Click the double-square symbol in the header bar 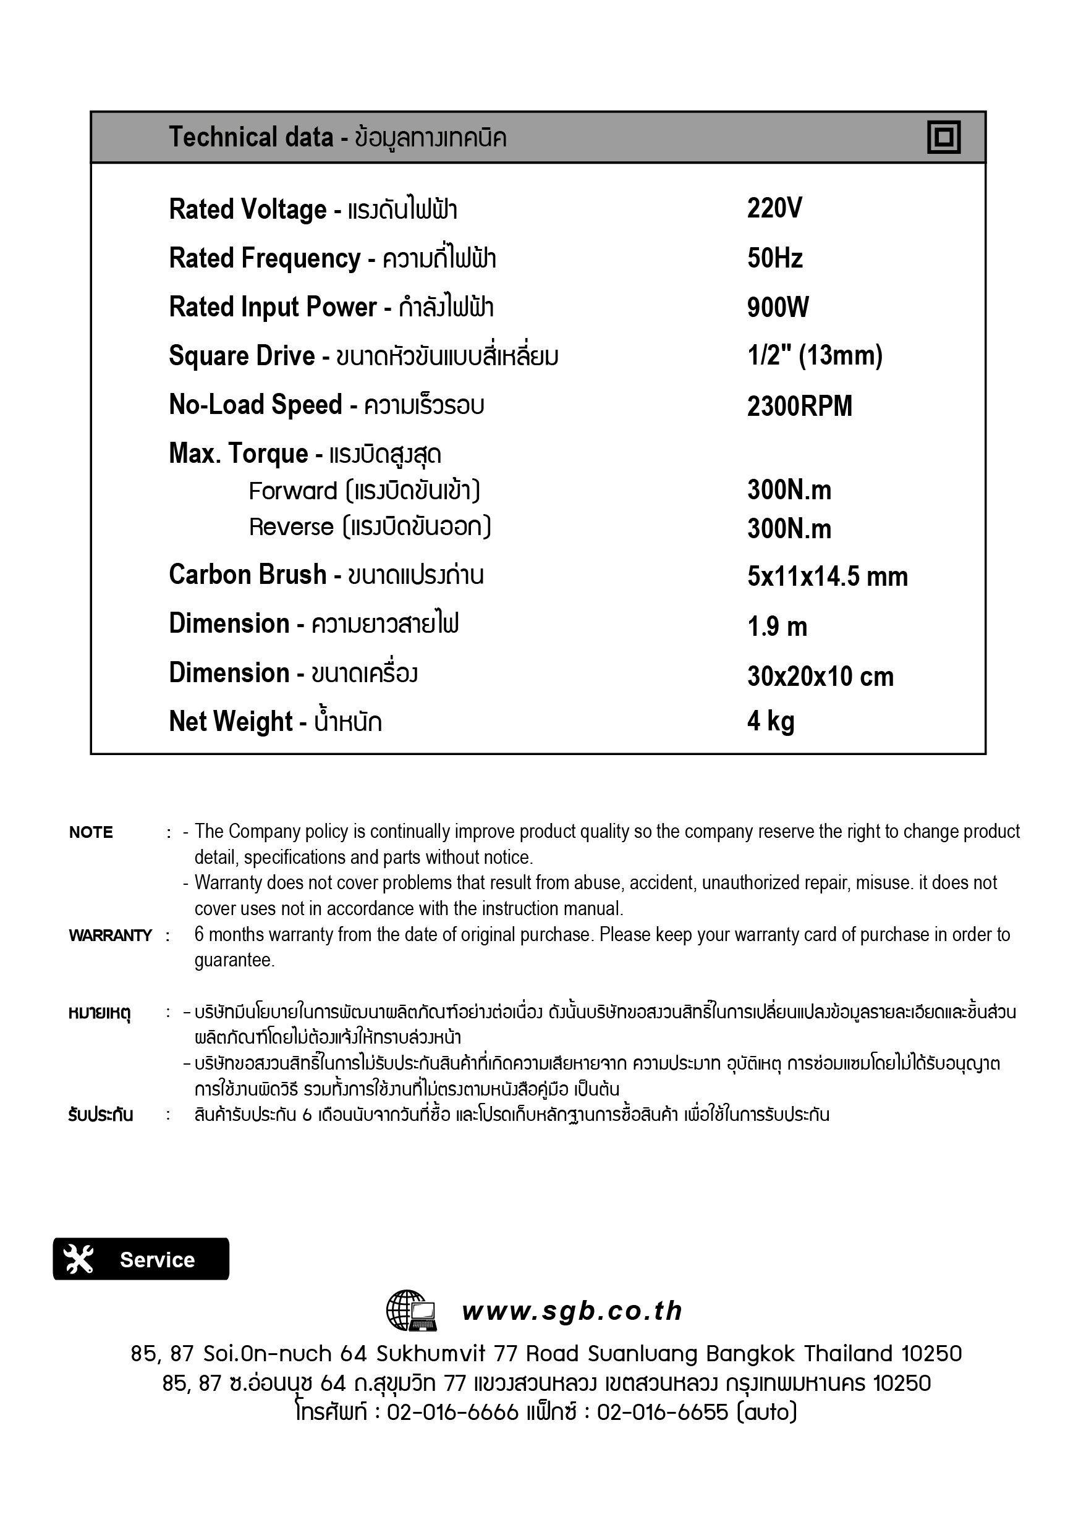tap(943, 138)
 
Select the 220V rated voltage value tap(774, 209)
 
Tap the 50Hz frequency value tap(774, 258)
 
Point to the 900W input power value tap(778, 308)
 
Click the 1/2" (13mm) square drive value tap(815, 356)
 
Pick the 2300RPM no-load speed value tap(799, 406)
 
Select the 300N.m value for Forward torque tap(789, 491)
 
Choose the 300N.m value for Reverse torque tap(789, 529)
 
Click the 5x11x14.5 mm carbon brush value tap(827, 577)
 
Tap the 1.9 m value tap(777, 627)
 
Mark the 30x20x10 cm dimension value tap(820, 677)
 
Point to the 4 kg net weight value tap(771, 722)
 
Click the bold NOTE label tap(91, 832)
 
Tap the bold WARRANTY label tap(110, 935)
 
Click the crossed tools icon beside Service tap(78, 1259)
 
